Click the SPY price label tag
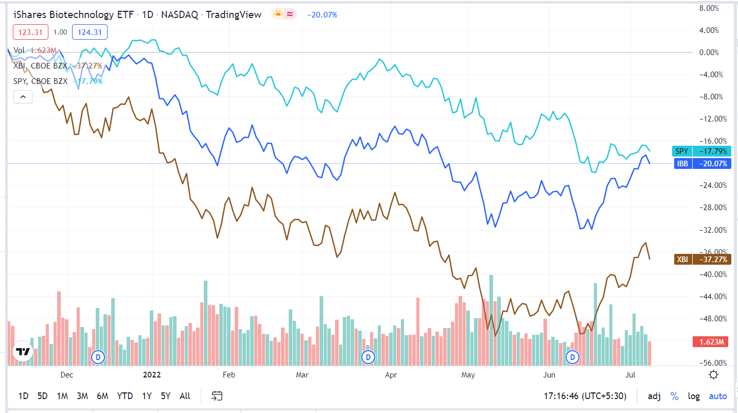[x=701, y=151]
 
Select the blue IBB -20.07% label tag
[x=701, y=164]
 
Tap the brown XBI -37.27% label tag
[x=701, y=260]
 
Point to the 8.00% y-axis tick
[x=719, y=8]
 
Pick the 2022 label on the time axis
[x=152, y=374]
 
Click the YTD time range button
[x=125, y=396]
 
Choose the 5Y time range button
[x=165, y=396]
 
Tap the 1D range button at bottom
[x=23, y=396]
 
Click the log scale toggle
[x=694, y=396]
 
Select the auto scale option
[x=718, y=396]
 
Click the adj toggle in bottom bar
[x=654, y=396]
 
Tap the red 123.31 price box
[x=30, y=32]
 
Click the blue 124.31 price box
[x=90, y=32]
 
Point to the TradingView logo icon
[x=23, y=352]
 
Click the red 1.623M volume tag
[x=710, y=341]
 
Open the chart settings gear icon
[x=713, y=374]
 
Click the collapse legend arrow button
[x=23, y=96]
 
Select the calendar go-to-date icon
[x=217, y=396]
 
